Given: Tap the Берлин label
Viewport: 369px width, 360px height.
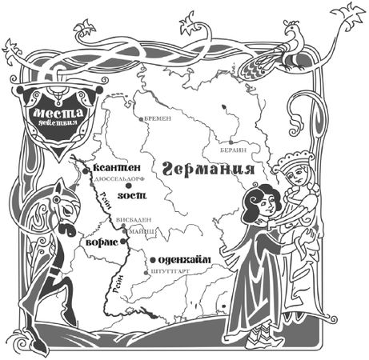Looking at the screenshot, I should tap(226, 150).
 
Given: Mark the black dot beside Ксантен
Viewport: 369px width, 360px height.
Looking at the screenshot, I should tap(86, 170).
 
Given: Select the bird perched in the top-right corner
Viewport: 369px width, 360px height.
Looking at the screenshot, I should tap(288, 52).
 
